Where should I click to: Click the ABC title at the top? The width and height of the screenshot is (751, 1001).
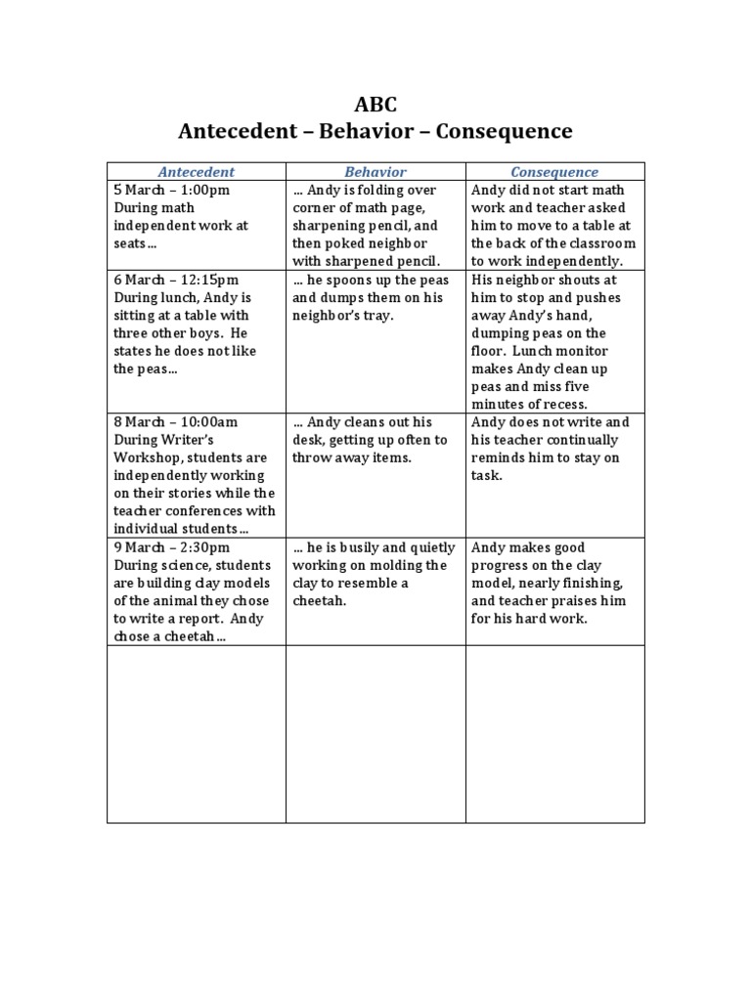coord(375,105)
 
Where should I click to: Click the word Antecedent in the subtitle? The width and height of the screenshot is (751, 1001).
coord(237,130)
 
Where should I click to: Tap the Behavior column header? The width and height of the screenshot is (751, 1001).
coord(375,172)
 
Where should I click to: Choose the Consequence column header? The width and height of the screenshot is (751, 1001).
coord(554,172)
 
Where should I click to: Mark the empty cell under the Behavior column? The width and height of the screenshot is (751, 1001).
coord(375,733)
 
